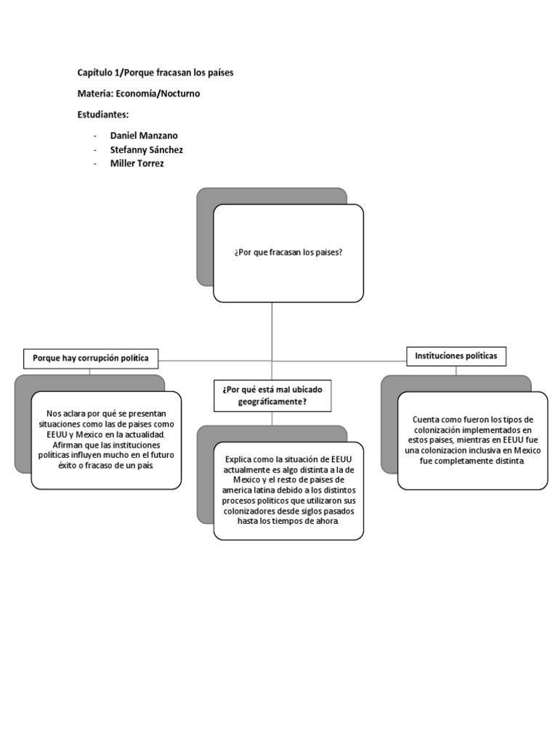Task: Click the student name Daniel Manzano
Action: (144, 136)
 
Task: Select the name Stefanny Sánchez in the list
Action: (147, 149)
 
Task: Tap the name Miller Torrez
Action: (137, 163)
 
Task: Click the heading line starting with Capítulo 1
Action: (155, 73)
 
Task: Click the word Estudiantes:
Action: (102, 115)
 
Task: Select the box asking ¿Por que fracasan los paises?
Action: (288, 253)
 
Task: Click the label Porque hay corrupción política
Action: (91, 358)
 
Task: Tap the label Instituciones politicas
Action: (456, 356)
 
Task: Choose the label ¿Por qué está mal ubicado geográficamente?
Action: (272, 395)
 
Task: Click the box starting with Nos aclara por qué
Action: (106, 440)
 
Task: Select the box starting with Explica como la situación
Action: (288, 490)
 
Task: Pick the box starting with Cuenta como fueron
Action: (472, 440)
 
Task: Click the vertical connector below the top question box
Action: (272, 330)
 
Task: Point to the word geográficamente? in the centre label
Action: (272, 401)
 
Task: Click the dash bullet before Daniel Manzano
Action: (95, 136)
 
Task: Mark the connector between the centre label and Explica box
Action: (272, 419)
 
